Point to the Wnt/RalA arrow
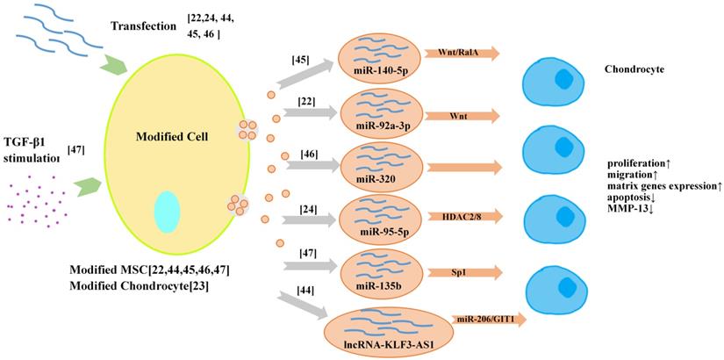coord(461,54)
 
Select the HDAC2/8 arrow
coord(461,215)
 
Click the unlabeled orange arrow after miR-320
coord(461,166)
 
